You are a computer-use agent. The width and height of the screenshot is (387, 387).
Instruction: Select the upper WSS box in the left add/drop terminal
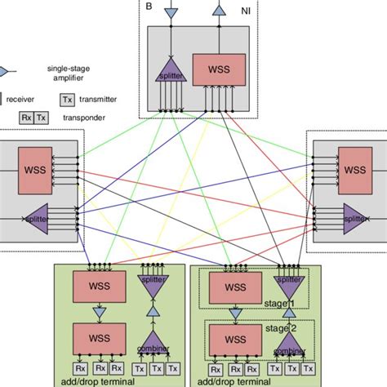98,289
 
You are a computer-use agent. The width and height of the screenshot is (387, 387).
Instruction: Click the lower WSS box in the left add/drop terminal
98,336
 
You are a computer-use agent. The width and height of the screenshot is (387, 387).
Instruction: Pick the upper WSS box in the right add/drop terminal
234,288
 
